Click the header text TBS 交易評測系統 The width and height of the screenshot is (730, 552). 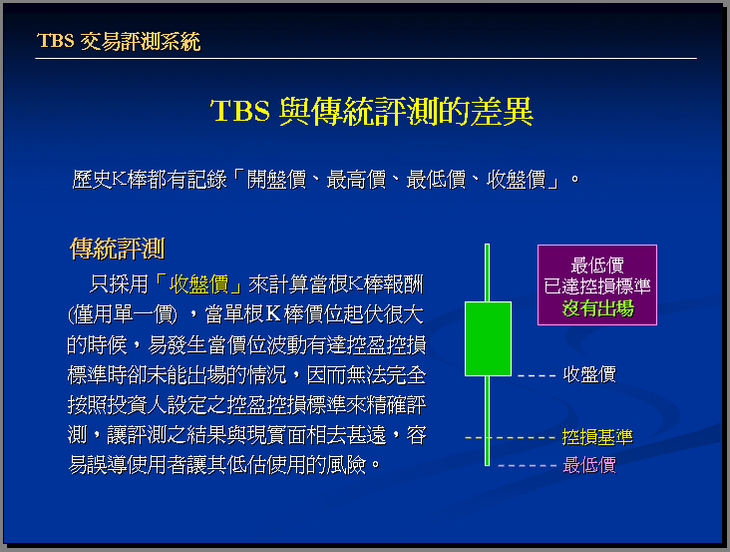(119, 42)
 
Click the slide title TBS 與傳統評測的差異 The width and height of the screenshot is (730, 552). (372, 112)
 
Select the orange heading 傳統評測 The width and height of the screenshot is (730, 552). (118, 249)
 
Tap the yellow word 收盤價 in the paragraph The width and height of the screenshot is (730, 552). (198, 284)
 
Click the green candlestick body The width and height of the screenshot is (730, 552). (488, 338)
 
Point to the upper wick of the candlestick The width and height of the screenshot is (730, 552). (487, 273)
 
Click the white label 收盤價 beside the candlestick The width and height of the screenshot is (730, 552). (589, 374)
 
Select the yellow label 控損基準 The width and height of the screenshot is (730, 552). (597, 437)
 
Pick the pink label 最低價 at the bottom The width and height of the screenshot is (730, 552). (589, 465)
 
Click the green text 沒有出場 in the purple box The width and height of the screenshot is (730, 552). (597, 307)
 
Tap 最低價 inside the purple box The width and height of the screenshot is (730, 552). (597, 266)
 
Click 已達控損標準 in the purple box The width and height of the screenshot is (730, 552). (597, 286)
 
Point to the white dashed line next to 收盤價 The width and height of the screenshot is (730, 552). (537, 375)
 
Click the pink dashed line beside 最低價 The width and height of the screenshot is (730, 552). (527, 465)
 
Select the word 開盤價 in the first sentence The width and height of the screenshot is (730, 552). (276, 180)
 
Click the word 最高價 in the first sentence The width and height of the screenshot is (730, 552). (357, 180)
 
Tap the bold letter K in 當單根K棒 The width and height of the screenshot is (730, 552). (273, 314)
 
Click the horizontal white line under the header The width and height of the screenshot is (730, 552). (366, 58)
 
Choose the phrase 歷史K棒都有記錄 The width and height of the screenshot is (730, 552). (150, 180)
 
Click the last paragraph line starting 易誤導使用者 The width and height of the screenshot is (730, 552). (224, 465)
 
